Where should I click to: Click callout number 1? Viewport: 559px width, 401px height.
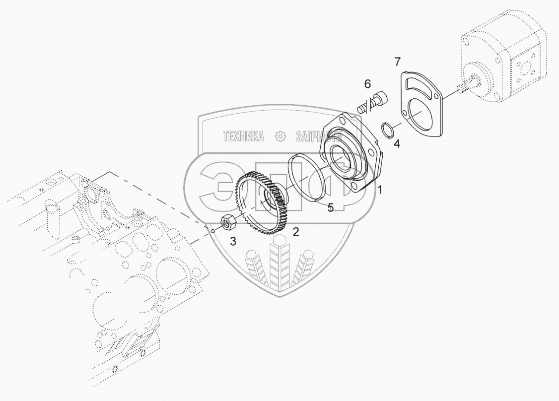coord(380,190)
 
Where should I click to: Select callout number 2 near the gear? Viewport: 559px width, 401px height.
coord(295,231)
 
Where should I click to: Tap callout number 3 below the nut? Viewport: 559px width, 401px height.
coord(233,242)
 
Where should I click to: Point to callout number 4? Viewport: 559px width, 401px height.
coord(396,144)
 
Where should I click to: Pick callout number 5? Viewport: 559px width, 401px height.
coord(331,207)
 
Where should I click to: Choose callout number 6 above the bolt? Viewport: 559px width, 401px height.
coord(367,84)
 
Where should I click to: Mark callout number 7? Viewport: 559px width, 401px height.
coord(397,62)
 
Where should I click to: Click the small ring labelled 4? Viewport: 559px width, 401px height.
coord(388,130)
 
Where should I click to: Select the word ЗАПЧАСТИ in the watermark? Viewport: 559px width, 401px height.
coord(318,136)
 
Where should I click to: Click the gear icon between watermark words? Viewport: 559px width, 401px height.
coord(280,136)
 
